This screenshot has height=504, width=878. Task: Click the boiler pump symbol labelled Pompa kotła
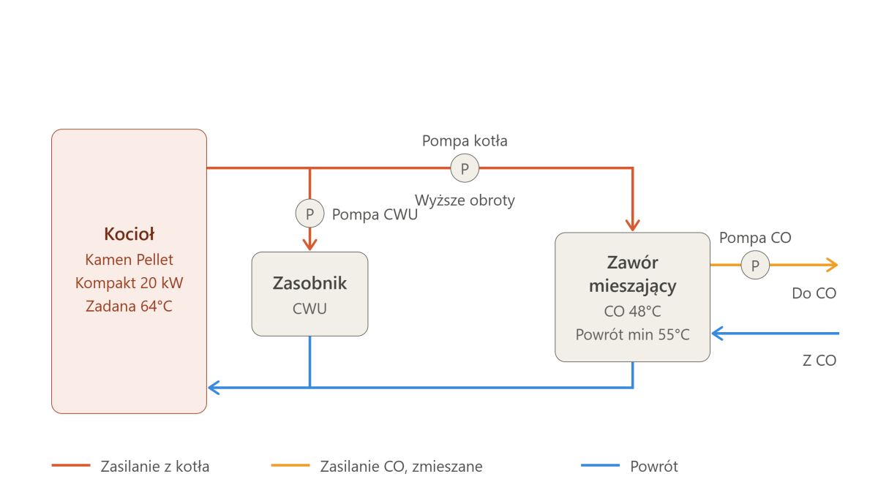tap(465, 168)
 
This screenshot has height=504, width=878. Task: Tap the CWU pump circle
tap(309, 214)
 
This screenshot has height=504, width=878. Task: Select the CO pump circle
tap(755, 265)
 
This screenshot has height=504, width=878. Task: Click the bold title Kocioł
tap(129, 234)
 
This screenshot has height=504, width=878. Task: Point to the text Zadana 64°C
tap(129, 306)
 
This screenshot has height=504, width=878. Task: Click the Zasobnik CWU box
tap(309, 294)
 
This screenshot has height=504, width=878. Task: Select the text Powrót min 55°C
tap(632, 334)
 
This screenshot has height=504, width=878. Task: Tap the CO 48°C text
tap(632, 311)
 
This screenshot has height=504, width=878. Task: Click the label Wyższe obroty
tap(465, 200)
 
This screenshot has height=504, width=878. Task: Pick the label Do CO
tap(814, 293)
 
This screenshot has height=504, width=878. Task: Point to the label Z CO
tap(819, 360)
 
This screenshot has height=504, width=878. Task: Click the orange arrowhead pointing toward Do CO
tap(833, 265)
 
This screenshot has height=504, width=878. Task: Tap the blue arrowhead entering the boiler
tap(214, 388)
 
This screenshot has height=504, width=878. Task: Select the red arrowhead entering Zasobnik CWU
tap(309, 245)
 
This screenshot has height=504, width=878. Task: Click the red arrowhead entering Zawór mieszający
tap(633, 225)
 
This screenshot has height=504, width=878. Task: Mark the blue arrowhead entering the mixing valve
tap(717, 334)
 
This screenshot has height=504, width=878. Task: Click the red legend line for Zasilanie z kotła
tap(71, 465)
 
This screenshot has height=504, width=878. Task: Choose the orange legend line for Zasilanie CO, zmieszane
tap(290, 465)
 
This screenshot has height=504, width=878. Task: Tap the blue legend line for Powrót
tap(600, 465)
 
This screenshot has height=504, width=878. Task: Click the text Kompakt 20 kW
tap(129, 283)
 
